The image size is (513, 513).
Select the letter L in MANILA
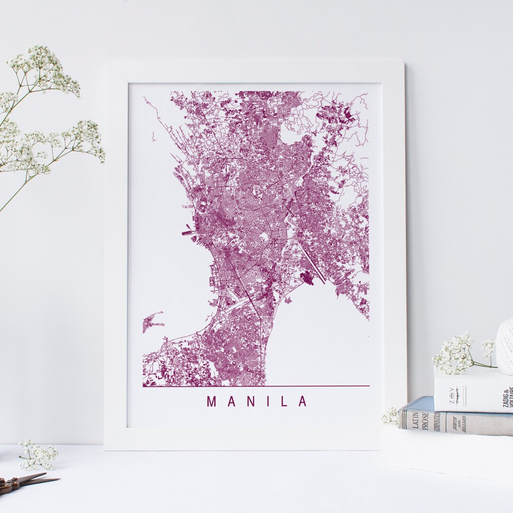tap(284, 401)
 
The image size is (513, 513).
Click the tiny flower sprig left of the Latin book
tap(390, 416)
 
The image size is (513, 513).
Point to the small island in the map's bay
tap(152, 323)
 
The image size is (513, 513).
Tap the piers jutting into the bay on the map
tap(187, 233)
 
